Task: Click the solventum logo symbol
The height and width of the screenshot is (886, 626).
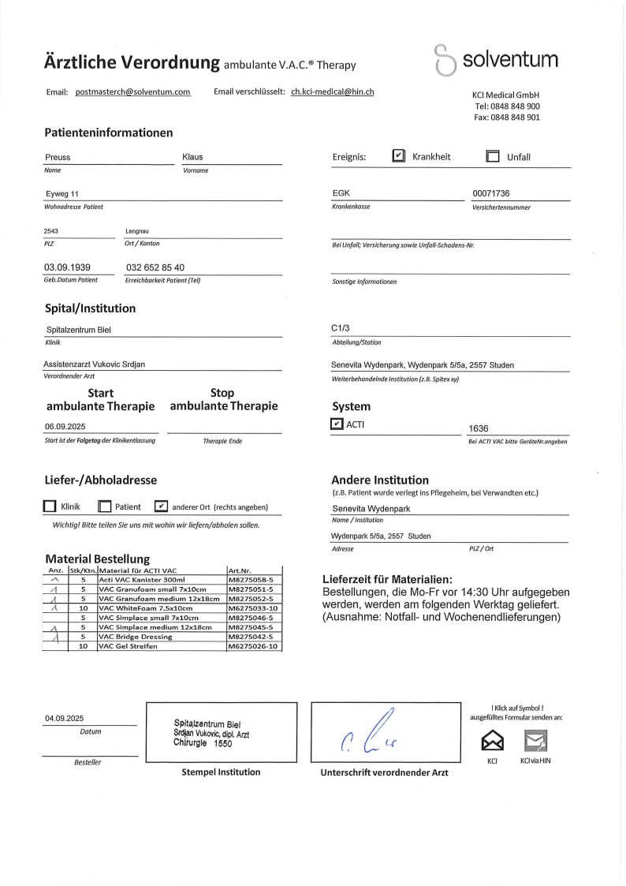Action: [445, 60]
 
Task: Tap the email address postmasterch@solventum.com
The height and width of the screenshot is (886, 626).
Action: [133, 92]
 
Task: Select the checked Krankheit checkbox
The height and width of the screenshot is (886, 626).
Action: [398, 156]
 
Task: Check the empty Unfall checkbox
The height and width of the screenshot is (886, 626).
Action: [493, 156]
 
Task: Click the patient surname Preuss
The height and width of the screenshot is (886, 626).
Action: [58, 157]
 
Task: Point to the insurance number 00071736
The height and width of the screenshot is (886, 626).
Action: [491, 193]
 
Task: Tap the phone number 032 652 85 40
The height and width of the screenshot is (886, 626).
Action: [155, 267]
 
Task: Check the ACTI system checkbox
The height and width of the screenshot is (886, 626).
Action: [337, 424]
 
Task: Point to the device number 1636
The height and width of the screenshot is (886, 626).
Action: [479, 428]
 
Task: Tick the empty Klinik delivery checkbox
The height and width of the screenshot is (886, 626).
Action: [50, 507]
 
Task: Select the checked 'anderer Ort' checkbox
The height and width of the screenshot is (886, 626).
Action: [162, 507]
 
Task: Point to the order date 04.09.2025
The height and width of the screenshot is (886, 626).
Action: [64, 718]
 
